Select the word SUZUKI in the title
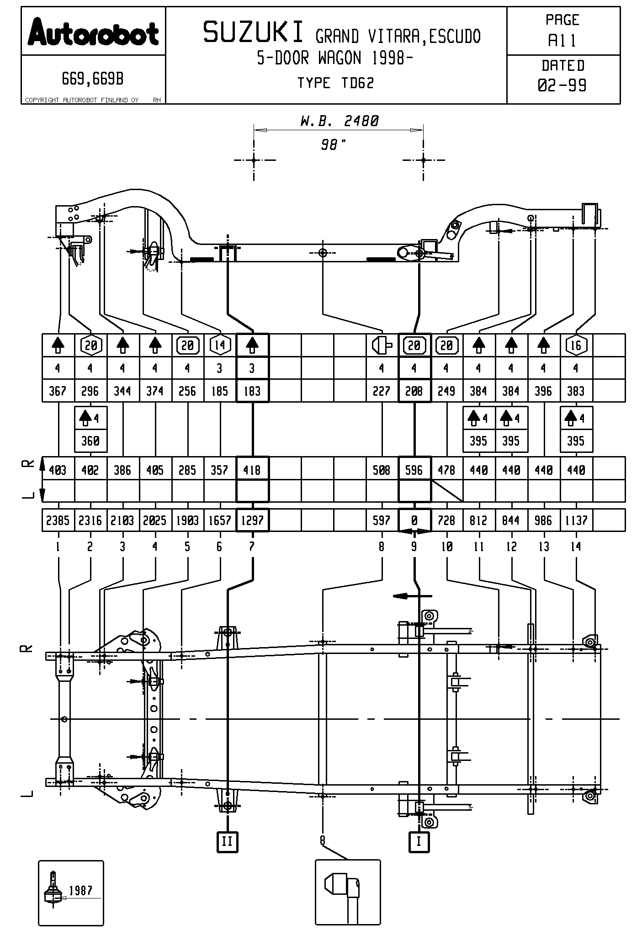tap(254, 33)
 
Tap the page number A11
tap(562, 41)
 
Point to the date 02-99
tap(562, 85)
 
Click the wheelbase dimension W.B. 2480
tap(340, 121)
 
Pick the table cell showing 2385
tap(58, 520)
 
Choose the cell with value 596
tap(414, 470)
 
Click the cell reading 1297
tap(252, 520)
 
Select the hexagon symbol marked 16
tap(576, 345)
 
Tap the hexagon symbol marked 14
tap(220, 345)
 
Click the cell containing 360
tap(90, 441)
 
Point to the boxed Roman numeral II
tap(227, 841)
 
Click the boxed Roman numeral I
tap(419, 841)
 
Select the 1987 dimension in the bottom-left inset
tap(80, 891)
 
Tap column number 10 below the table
tap(446, 546)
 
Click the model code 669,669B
tap(93, 80)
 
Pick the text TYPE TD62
tap(336, 83)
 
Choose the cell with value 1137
tap(576, 520)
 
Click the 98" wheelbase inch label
tap(333, 145)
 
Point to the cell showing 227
tap(382, 391)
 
